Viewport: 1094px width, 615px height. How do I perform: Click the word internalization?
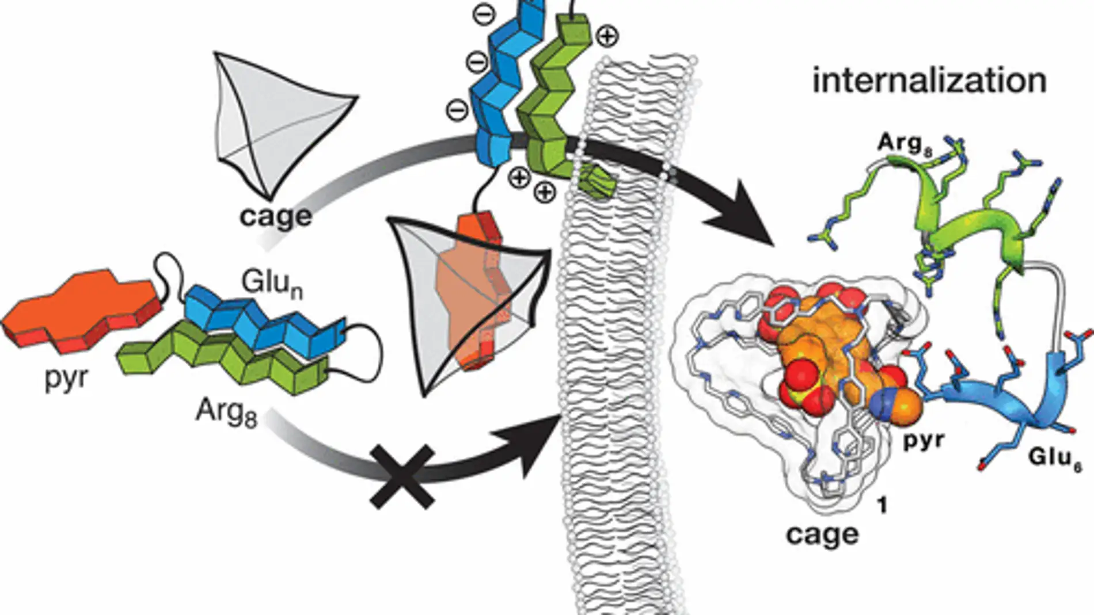pyautogui.click(x=929, y=81)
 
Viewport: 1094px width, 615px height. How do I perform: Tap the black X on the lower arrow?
pyautogui.click(x=403, y=475)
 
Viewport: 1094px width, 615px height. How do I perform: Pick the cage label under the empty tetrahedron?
pyautogui.click(x=276, y=216)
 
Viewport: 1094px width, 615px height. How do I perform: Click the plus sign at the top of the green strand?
pyautogui.click(x=607, y=37)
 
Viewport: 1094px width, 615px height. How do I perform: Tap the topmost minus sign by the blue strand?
pyautogui.click(x=485, y=16)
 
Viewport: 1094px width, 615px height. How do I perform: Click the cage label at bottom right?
pyautogui.click(x=822, y=534)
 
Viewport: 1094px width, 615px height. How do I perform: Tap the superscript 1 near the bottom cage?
pyautogui.click(x=882, y=506)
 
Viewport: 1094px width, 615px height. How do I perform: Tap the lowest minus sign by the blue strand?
pyautogui.click(x=458, y=110)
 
